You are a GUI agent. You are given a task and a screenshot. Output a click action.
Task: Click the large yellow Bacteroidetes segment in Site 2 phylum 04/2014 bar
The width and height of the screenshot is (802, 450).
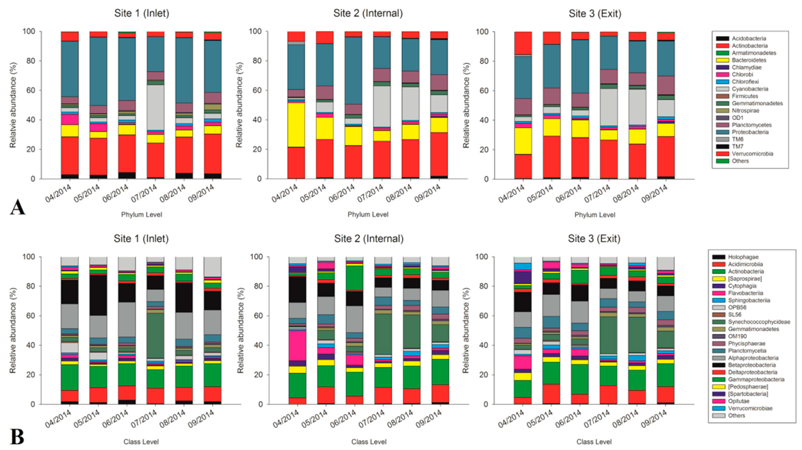(x=296, y=124)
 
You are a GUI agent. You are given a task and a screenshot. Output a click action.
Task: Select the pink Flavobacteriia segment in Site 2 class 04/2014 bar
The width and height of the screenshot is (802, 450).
(x=297, y=345)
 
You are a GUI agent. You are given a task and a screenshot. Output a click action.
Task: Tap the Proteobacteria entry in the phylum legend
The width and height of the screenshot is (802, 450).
(x=750, y=132)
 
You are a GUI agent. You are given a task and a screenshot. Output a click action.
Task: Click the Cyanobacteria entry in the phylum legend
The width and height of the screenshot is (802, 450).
(x=750, y=89)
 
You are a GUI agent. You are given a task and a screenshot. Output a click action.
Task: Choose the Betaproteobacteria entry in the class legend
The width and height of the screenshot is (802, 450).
(x=752, y=365)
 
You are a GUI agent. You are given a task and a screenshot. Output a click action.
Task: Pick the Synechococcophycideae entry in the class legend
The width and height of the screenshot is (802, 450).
(x=759, y=322)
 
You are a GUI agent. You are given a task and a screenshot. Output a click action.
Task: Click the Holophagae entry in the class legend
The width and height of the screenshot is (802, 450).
(x=743, y=257)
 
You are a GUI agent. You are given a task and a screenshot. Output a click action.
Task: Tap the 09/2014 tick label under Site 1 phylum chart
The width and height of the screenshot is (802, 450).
(x=202, y=193)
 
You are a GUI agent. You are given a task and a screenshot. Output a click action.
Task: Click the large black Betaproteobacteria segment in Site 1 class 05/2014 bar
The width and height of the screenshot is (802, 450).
(x=98, y=295)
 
